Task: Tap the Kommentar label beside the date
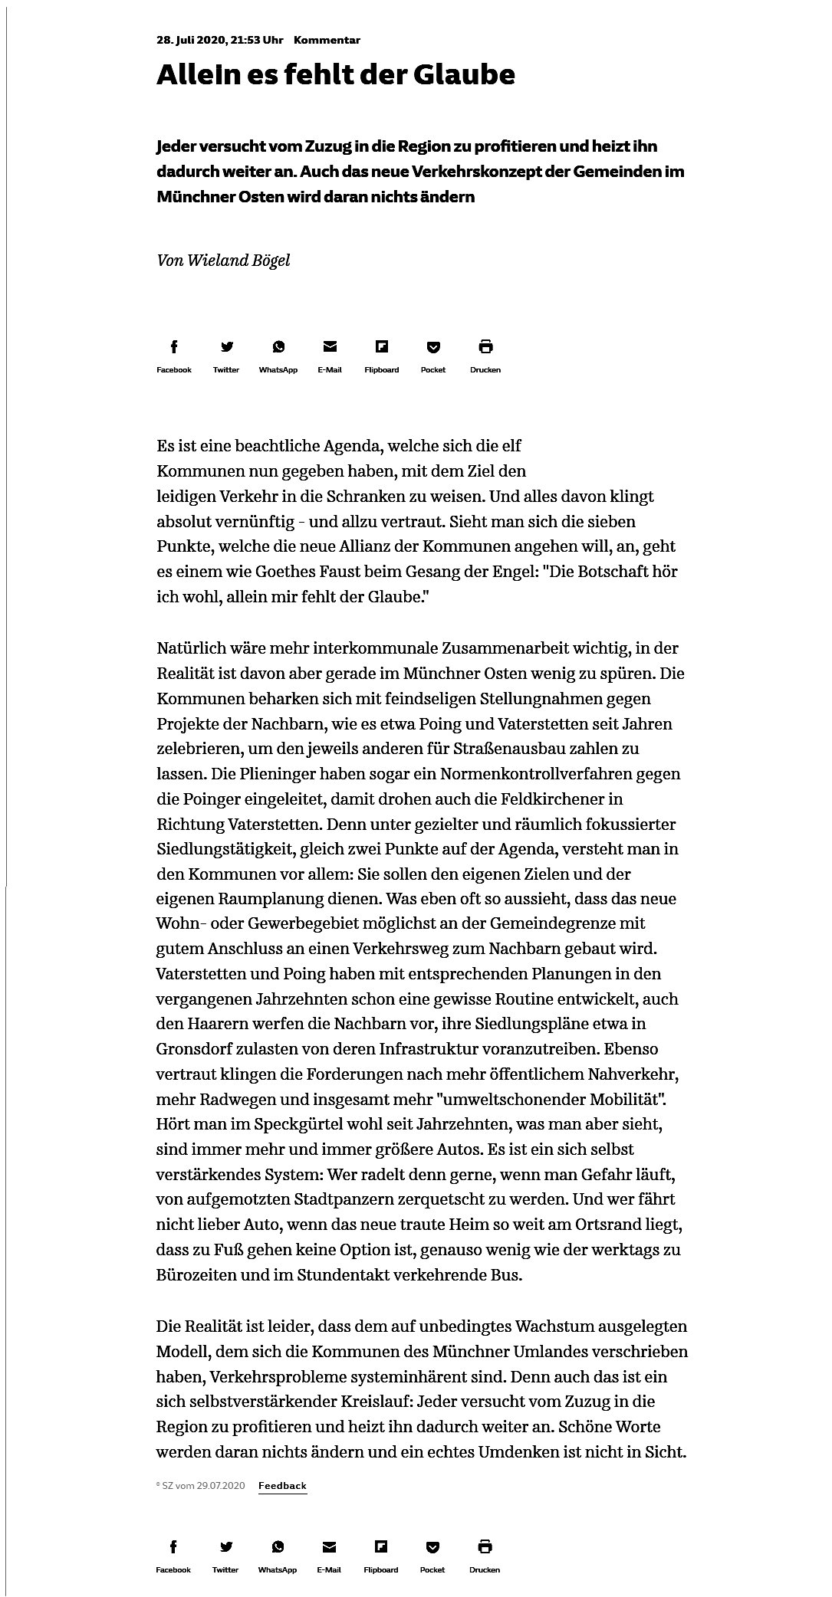[327, 40]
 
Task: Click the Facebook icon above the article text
[174, 347]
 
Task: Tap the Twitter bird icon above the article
[226, 347]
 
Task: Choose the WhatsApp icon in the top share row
[278, 347]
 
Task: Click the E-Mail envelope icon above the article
[330, 347]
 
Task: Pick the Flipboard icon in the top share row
[382, 347]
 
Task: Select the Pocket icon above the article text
[433, 347]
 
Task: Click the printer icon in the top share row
[485, 347]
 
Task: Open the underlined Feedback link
[282, 1485]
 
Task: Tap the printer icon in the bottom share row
[485, 1546]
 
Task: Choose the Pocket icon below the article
[432, 1546]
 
